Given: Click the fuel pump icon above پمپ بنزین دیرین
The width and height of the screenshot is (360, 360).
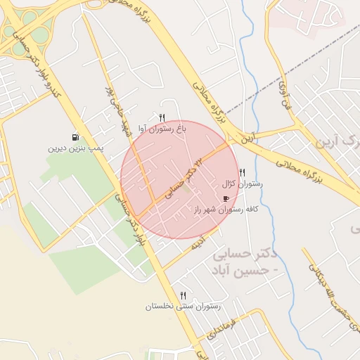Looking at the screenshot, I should (75, 137).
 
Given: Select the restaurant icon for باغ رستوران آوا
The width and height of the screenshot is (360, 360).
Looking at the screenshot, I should (162, 117).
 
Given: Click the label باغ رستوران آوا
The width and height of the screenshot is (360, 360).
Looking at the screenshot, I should (162, 129).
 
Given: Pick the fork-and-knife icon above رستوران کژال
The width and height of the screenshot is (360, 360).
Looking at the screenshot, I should (243, 172).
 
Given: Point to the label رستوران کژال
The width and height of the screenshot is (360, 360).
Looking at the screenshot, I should (243, 184).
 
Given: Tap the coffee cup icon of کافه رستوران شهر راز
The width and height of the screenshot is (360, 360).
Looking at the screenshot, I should (226, 198).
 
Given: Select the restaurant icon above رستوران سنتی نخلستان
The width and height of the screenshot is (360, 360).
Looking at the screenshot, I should (184, 295).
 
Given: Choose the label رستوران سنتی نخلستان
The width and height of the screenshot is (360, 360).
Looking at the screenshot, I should (184, 307).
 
